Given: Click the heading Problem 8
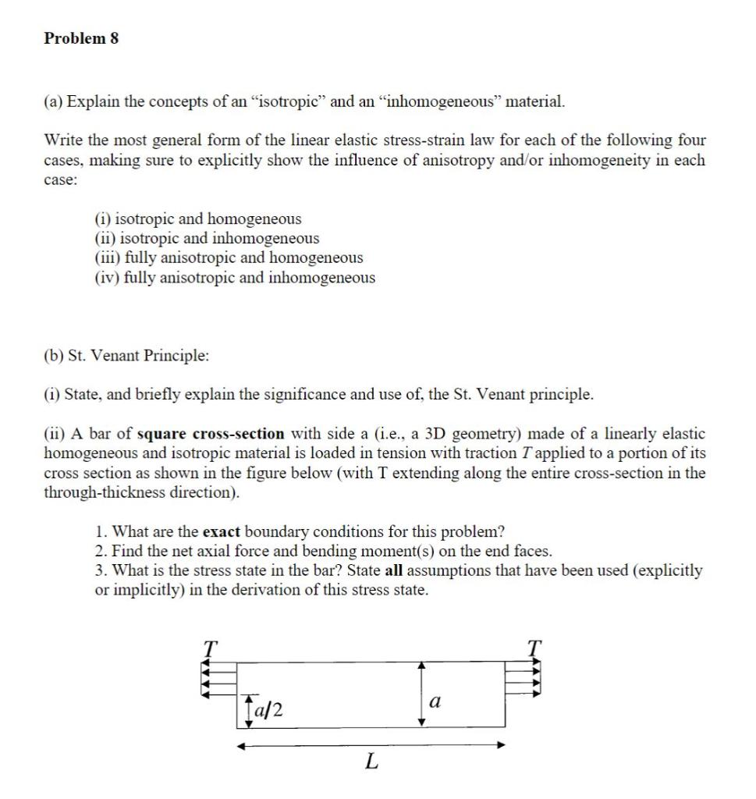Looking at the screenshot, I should point(82,38).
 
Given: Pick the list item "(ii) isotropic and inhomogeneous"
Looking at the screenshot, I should point(205,239).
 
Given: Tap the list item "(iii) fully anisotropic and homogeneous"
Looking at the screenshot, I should point(227,257).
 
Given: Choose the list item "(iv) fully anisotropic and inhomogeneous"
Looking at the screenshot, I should point(233,278).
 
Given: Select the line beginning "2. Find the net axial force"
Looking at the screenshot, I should point(323,551).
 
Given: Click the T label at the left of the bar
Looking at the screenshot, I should point(208,646).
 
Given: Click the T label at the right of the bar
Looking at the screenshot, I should point(534,646).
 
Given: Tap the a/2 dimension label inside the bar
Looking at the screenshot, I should point(268,710).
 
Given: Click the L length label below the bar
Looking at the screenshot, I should point(371,763).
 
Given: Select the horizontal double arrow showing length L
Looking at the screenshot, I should point(371,745).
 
